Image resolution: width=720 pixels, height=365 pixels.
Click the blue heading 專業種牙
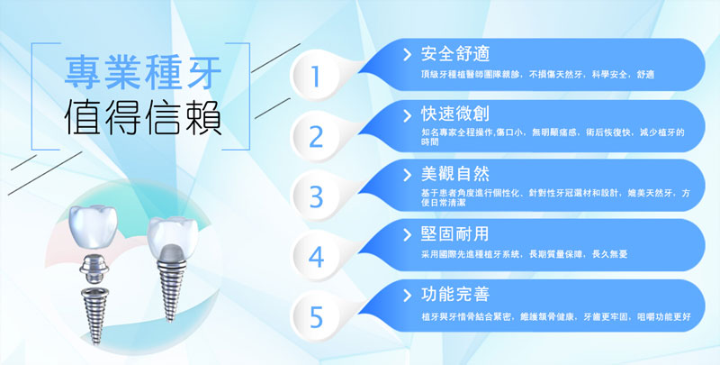pos(143,72)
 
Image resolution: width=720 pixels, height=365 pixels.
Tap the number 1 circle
pos(315,76)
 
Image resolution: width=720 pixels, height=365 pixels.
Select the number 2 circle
pos(316,136)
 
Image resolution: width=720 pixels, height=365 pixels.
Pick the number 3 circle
pos(316,196)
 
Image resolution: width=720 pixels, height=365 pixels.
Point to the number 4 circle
pos(316,257)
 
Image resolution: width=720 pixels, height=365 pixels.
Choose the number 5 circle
pos(316,316)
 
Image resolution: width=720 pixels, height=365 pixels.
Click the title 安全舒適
pos(455,54)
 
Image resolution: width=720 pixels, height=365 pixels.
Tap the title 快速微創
pos(455,114)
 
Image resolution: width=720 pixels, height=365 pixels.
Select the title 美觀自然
pos(455,174)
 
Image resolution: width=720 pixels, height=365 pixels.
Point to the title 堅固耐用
pos(455,234)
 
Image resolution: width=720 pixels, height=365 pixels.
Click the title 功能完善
pos(455,294)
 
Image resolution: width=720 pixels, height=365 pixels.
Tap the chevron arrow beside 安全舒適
pos(407,55)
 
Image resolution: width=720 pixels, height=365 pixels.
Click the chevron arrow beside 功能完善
pos(407,295)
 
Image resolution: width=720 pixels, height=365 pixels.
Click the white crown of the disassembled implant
pos(94,226)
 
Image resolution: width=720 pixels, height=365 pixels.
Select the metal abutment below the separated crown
pos(94,269)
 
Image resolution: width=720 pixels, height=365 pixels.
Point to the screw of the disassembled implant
pos(95,315)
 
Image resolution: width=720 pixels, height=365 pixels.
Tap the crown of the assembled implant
pos(172,237)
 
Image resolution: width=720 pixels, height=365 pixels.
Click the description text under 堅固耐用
pos(525,254)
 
